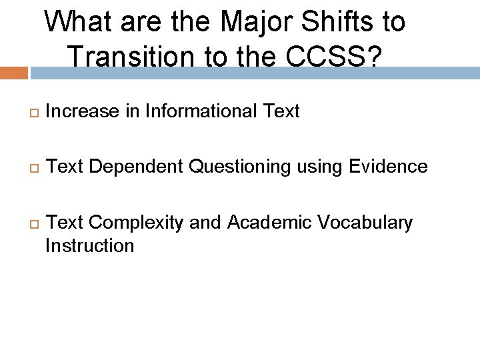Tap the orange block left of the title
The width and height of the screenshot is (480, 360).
point(13,73)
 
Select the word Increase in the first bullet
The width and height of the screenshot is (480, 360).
point(83,111)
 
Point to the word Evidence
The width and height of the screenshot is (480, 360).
point(388,167)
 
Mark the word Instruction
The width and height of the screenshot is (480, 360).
point(89,245)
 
